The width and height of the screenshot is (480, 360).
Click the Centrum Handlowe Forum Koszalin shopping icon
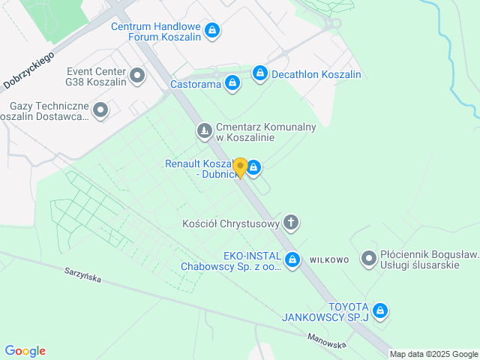tap(212, 30)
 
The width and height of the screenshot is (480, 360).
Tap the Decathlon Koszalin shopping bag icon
tap(259, 73)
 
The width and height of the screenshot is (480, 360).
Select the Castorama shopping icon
tap(232, 83)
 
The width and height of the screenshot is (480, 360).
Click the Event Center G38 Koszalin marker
tap(137, 75)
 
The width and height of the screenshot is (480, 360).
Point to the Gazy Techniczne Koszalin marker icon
tap(100, 111)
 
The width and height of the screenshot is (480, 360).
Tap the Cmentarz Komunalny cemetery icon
tap(204, 132)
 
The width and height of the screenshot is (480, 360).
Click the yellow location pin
tap(240, 166)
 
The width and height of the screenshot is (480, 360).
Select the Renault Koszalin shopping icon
tap(254, 166)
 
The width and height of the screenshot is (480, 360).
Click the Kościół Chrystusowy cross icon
tap(291, 222)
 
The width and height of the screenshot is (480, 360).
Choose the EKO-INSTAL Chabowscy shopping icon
tap(293, 260)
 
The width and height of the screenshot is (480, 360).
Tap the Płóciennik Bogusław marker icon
tap(369, 259)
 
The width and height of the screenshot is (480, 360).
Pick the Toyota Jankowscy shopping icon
tap(380, 310)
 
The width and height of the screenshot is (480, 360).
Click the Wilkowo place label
tap(328, 260)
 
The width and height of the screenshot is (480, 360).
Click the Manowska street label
tap(326, 340)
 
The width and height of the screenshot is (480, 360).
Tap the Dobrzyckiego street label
tap(29, 72)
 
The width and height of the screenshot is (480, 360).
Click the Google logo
tap(25, 351)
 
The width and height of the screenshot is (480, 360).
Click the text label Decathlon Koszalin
tap(317, 75)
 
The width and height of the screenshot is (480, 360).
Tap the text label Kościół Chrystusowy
tap(231, 223)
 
